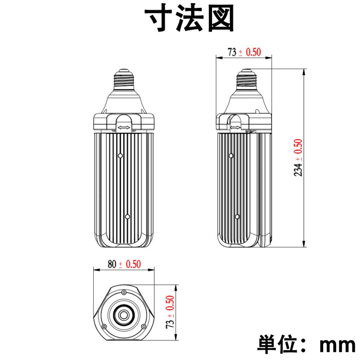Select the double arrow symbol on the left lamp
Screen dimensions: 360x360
(123, 128)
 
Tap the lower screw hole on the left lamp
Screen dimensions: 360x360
(127, 216)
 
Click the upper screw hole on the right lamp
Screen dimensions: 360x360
(230, 155)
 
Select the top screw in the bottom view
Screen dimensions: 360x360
(124, 294)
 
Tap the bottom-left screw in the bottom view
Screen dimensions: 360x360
(104, 327)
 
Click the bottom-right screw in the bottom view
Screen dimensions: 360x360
(142, 327)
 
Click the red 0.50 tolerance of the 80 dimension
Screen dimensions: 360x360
(134, 264)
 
